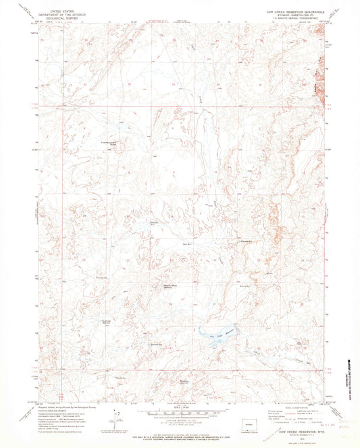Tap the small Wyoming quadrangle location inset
tap(234, 426)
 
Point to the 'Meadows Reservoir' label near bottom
tap(184, 381)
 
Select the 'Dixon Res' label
tap(154, 221)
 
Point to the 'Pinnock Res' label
tap(102, 278)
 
